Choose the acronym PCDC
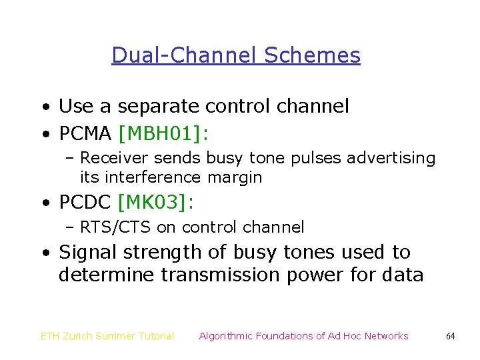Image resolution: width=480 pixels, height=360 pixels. pos(85,201)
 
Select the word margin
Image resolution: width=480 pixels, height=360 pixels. pos(235,177)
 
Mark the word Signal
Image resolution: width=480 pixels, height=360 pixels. pos(84,253)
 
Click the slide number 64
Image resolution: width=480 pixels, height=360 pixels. pos(450,337)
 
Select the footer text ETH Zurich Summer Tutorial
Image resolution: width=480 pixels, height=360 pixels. pos(107,336)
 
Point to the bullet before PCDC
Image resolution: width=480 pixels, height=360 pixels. pos(44,202)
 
